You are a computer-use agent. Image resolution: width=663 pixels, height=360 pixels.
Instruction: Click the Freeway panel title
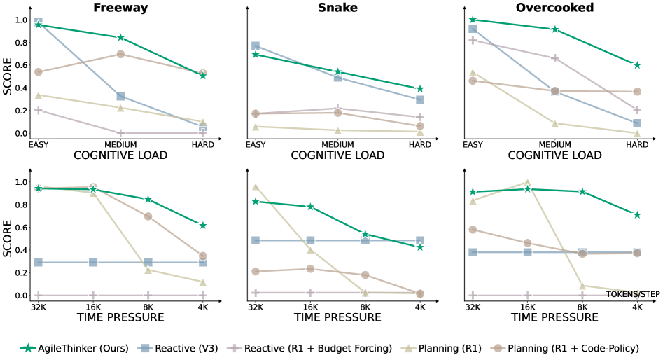(x=120, y=8)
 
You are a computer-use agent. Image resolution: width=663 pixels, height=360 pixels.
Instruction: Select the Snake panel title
(x=337, y=8)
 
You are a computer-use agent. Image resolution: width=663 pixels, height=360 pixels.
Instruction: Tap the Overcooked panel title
(x=554, y=8)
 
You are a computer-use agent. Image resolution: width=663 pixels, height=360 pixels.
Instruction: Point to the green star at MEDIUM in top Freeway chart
(x=120, y=37)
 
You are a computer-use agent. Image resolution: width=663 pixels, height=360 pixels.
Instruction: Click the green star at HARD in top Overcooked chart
(x=637, y=65)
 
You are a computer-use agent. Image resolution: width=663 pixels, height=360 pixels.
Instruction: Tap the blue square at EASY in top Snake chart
(x=256, y=46)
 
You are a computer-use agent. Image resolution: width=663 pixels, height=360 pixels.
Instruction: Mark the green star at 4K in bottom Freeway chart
(x=203, y=225)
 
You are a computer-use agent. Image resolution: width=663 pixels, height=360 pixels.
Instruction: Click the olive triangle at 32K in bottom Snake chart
(x=256, y=187)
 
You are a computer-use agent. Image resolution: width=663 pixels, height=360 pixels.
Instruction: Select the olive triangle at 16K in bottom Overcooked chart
(x=527, y=183)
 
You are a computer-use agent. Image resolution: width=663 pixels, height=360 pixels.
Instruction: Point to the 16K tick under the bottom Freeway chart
(x=92, y=307)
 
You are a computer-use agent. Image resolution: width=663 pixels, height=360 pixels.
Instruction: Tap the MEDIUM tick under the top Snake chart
(x=337, y=144)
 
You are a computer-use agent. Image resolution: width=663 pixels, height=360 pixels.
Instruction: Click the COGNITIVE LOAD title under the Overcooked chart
(x=554, y=155)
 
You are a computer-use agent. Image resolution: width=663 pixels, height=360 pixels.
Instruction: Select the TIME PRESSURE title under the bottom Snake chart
(x=337, y=317)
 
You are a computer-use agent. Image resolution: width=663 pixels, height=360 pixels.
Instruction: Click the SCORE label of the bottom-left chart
(x=7, y=238)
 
